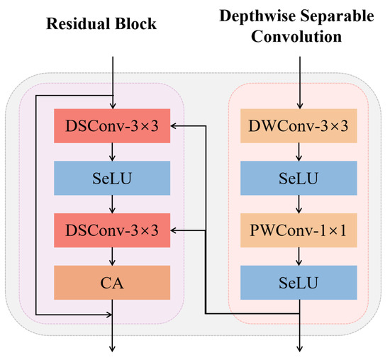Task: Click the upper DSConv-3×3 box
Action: (x=112, y=125)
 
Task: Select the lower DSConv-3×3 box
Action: (x=112, y=230)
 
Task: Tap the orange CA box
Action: (x=112, y=282)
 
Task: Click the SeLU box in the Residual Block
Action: (x=112, y=178)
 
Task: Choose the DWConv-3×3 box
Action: (x=298, y=125)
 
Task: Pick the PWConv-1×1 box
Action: (x=298, y=230)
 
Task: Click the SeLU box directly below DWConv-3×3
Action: (x=298, y=178)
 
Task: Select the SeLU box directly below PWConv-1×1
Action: (x=298, y=282)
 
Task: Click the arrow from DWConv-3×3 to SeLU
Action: (x=298, y=152)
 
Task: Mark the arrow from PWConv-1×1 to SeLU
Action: (x=298, y=257)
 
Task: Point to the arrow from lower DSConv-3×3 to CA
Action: (x=112, y=257)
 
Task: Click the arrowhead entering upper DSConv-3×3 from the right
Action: (x=176, y=125)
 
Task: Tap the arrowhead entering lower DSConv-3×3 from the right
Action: (x=176, y=230)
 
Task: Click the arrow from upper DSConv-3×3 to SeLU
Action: (x=112, y=152)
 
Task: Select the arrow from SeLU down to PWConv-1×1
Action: (x=298, y=204)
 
